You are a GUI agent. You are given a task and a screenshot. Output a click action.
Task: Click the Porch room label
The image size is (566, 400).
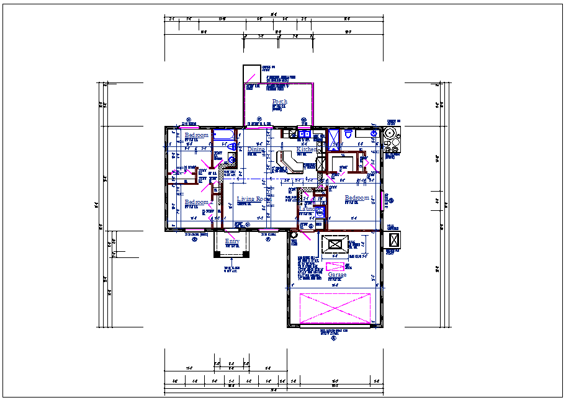pos(279,102)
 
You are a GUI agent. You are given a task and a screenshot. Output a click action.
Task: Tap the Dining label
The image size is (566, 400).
pos(256,150)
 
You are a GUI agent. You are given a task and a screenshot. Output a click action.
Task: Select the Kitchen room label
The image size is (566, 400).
pos(305,150)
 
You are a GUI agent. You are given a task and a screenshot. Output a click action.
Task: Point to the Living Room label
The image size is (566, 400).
pos(251,199)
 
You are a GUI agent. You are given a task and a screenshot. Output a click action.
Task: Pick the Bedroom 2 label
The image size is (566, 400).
pos(196,135)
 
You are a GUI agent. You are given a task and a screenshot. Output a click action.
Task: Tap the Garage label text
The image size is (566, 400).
pos(337,275)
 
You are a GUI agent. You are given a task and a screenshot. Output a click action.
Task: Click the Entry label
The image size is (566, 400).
pos(232,242)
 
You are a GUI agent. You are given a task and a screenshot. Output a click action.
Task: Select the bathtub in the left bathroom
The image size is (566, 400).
pos(222,135)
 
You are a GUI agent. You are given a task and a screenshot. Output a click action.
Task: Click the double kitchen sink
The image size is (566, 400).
pos(304,133)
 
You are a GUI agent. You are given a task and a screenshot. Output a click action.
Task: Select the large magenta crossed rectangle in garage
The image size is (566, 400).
pos(335,308)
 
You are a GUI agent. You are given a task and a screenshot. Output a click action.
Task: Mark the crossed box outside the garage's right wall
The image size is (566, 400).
pos(393,239)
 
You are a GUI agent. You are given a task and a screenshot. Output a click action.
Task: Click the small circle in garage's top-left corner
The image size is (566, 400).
pos(294,235)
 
